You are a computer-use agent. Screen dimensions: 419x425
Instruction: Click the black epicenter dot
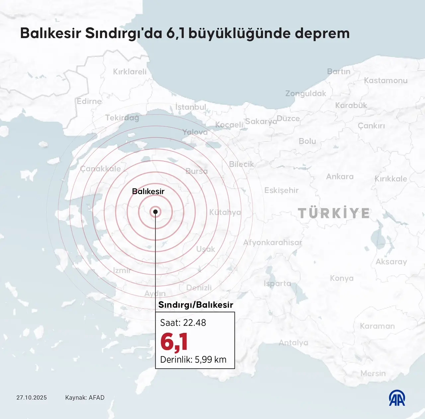(x=155, y=212)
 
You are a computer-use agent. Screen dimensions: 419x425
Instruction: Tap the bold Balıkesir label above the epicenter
(x=148, y=191)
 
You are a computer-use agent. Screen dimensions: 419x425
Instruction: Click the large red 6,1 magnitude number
(x=174, y=342)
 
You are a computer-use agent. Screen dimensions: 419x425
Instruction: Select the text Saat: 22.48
(x=183, y=323)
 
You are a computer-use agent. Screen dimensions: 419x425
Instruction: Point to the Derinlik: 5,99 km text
(x=193, y=360)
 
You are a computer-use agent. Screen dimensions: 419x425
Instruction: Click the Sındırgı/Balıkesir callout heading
(x=196, y=305)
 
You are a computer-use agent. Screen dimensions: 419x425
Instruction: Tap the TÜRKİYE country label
(x=334, y=213)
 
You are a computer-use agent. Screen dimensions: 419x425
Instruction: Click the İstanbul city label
(x=191, y=107)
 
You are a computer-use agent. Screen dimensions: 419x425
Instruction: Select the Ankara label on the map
(x=340, y=176)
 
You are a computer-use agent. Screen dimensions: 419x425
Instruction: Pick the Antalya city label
(x=294, y=343)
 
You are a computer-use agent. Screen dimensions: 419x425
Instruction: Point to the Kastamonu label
(x=385, y=80)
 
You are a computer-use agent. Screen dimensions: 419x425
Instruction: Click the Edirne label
(x=89, y=101)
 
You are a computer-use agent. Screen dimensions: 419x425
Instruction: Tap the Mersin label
(x=373, y=373)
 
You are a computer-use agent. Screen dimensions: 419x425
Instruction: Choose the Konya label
(x=342, y=278)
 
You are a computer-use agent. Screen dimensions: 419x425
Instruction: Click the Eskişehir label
(x=281, y=190)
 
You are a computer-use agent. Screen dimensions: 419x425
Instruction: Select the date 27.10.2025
(x=32, y=398)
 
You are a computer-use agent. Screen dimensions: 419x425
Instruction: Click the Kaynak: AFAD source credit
(x=85, y=398)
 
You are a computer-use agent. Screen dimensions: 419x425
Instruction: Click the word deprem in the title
(x=322, y=33)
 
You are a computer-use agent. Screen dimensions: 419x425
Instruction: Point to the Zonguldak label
(x=306, y=93)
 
